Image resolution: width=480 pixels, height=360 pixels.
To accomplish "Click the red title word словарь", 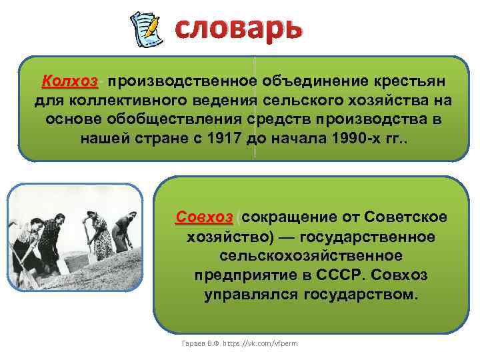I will point(238,27).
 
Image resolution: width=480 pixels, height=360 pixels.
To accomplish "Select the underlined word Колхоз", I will point(69,81).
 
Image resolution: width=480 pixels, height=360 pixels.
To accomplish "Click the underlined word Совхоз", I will point(204,217).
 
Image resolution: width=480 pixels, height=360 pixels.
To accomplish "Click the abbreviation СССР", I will point(329,275).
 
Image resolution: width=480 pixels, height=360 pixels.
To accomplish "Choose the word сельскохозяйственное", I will point(310,255).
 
